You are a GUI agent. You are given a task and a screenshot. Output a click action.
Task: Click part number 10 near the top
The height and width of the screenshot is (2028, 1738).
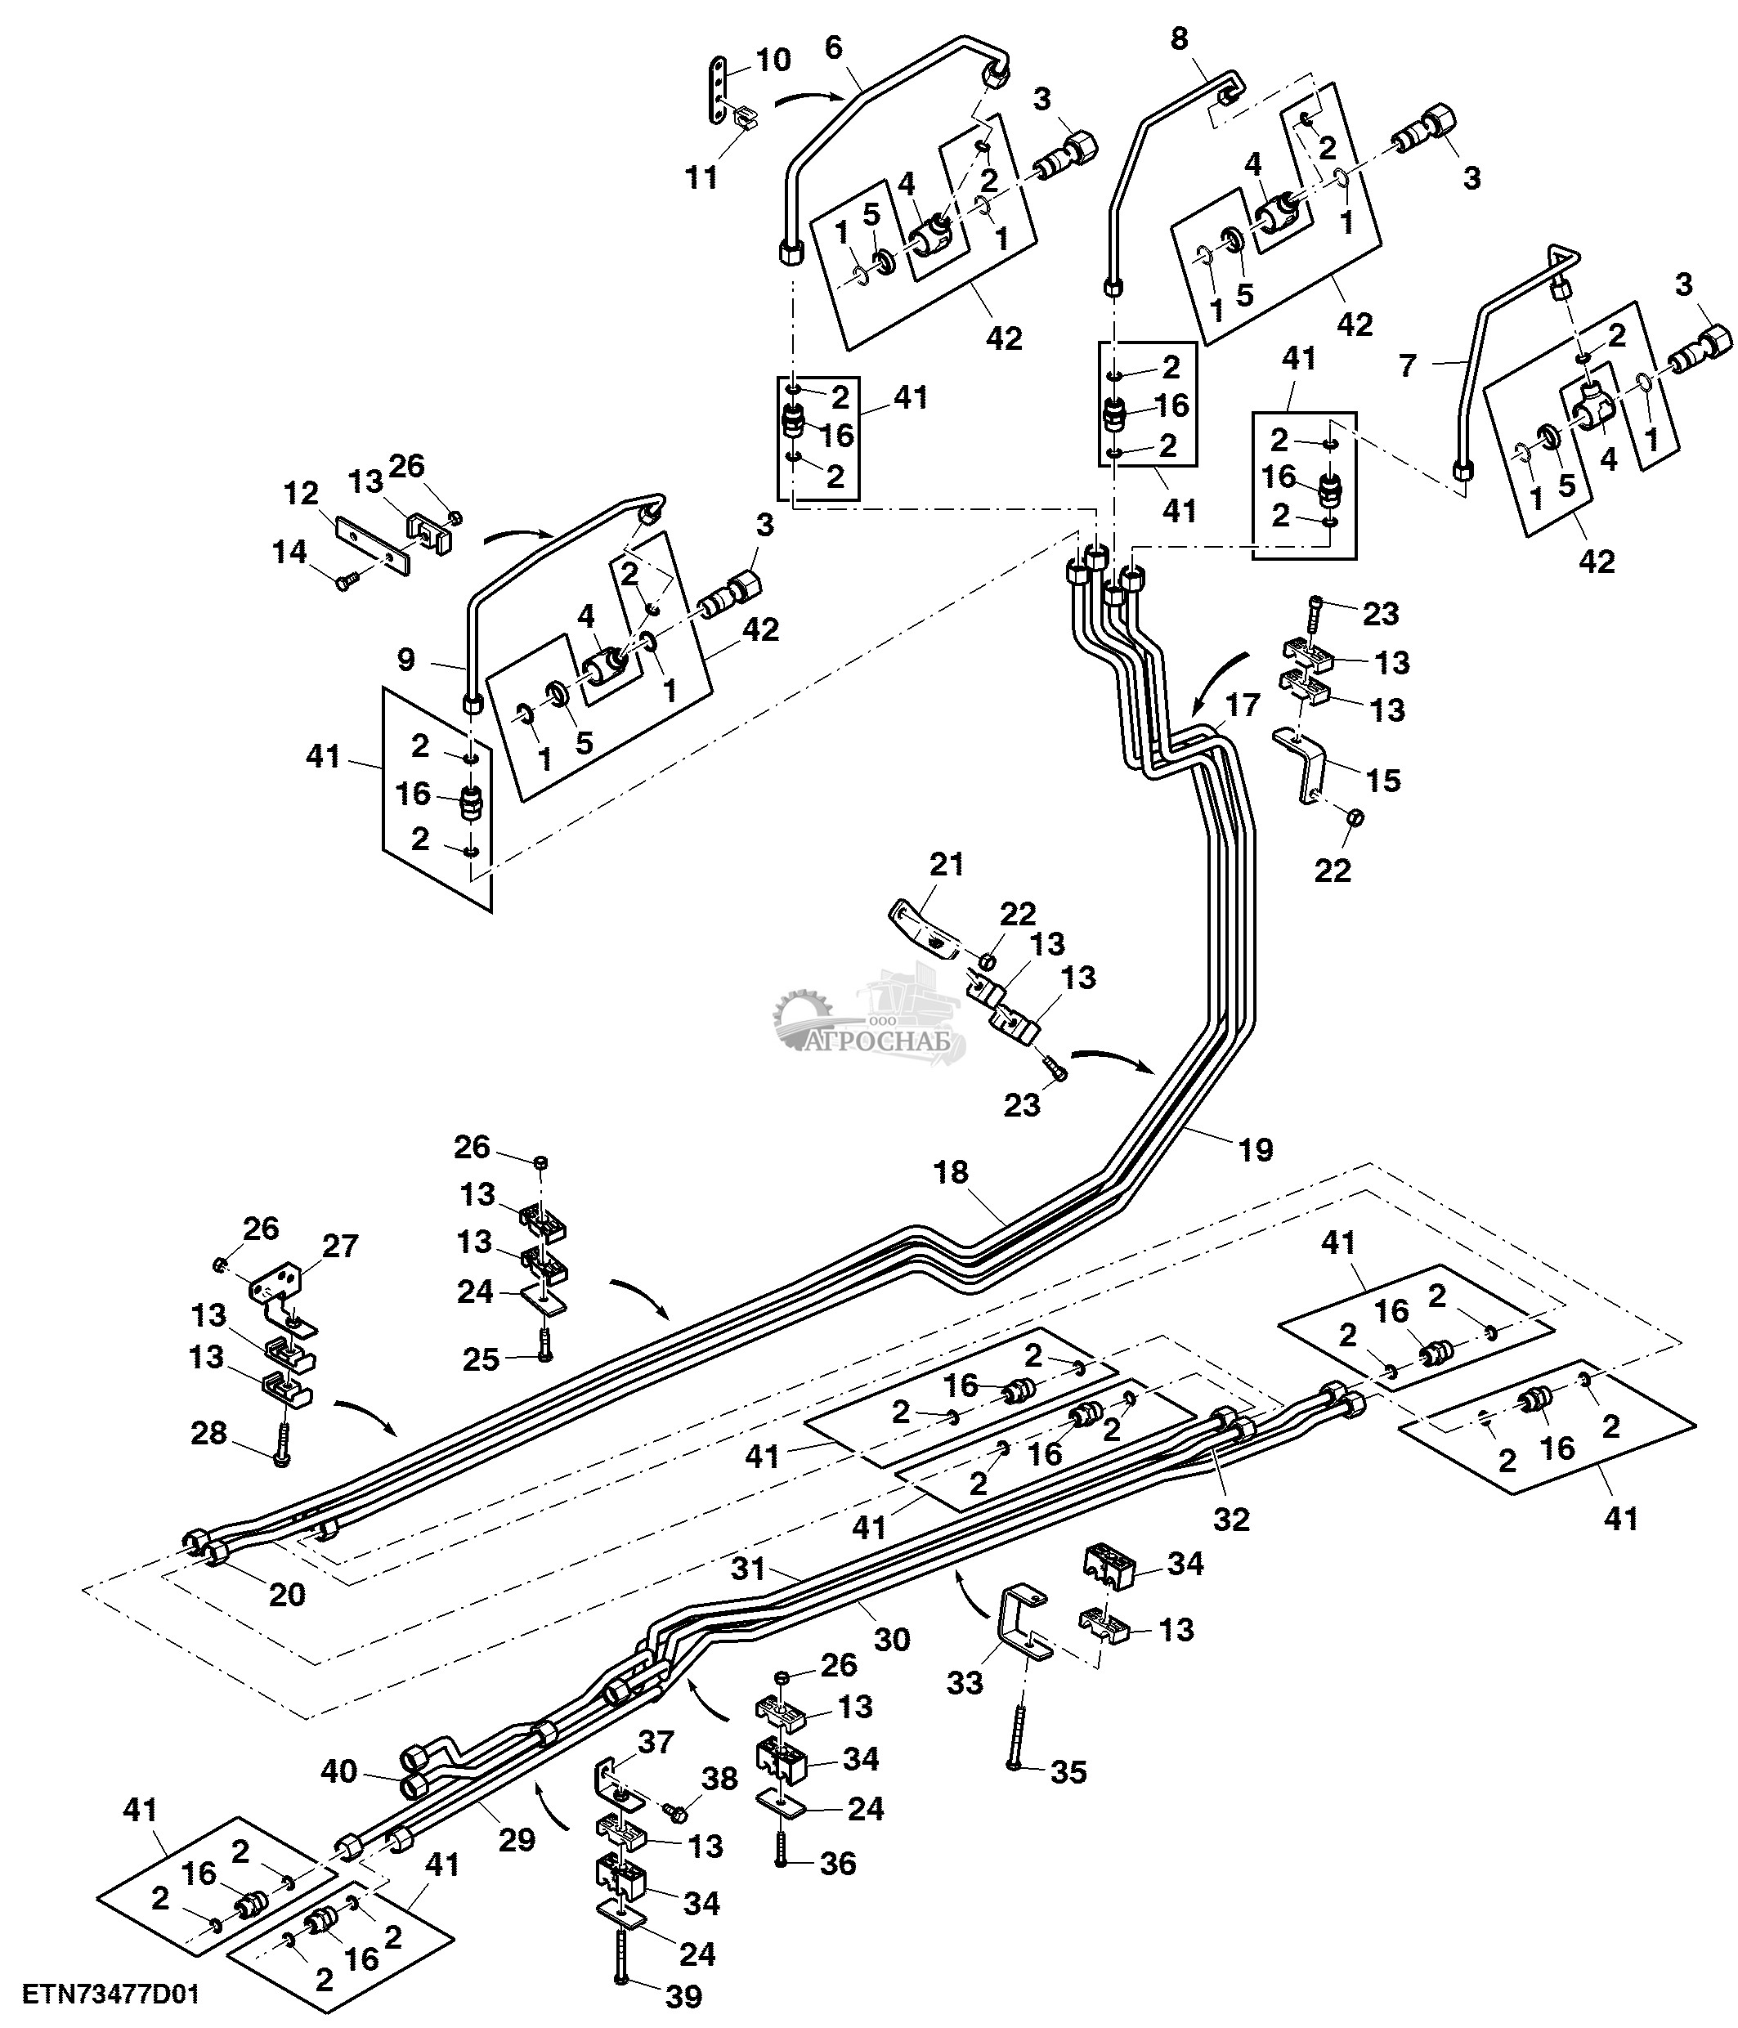(773, 60)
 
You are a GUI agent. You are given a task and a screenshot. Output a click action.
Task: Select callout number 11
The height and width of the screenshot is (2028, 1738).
(701, 178)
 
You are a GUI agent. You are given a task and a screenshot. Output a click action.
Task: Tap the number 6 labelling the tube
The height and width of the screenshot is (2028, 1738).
(833, 49)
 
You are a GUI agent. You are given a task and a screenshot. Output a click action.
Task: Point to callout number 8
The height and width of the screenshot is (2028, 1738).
(1179, 38)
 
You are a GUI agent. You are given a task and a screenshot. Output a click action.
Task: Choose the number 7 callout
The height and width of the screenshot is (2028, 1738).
(1407, 366)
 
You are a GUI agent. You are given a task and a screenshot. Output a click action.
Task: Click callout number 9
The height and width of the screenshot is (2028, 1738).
(406, 660)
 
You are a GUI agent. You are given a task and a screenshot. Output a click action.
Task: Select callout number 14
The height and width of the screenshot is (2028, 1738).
(289, 552)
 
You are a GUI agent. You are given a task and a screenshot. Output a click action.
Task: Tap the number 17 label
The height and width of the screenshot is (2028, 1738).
(1242, 705)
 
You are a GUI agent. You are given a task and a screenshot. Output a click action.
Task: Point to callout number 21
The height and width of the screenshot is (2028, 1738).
(947, 863)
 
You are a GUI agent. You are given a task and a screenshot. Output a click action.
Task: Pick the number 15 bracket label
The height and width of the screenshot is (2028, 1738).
(1384, 780)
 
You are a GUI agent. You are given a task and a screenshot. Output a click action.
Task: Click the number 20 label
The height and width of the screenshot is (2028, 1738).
(287, 1595)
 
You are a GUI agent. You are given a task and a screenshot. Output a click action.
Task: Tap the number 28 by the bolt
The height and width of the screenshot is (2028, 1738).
(208, 1433)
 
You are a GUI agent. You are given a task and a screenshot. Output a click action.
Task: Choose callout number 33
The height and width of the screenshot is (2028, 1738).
(965, 1684)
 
